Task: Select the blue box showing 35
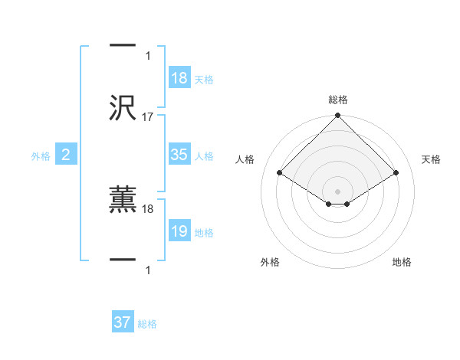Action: click(x=179, y=155)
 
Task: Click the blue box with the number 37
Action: click(x=123, y=322)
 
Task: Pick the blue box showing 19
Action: click(x=179, y=231)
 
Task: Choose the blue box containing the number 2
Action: click(x=66, y=155)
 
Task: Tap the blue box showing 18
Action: click(x=179, y=78)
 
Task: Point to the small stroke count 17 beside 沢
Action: click(x=148, y=117)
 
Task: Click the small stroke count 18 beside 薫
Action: click(x=148, y=208)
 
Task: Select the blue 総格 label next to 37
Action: click(x=147, y=324)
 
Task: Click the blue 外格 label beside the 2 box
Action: click(x=41, y=156)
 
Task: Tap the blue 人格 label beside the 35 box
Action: click(x=204, y=156)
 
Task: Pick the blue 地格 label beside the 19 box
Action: click(x=204, y=233)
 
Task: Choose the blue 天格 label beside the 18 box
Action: click(x=204, y=80)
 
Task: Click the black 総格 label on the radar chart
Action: click(x=338, y=100)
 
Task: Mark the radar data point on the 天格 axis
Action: click(x=396, y=172)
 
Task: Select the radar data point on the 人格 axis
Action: click(x=280, y=172)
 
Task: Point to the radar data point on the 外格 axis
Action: click(x=329, y=204)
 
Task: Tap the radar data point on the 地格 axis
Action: click(x=347, y=204)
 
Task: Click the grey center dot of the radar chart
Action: click(x=338, y=191)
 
